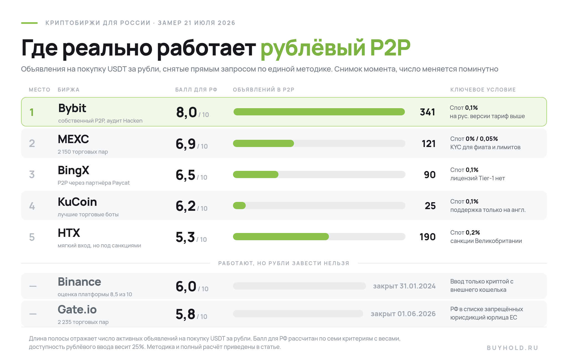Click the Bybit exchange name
(x=72, y=108)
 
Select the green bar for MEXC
(x=263, y=143)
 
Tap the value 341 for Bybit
(x=427, y=112)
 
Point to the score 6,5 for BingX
(x=186, y=175)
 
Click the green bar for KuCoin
(x=239, y=206)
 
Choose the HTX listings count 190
(x=427, y=237)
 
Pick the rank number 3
(x=32, y=174)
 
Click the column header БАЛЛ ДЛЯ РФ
(x=196, y=90)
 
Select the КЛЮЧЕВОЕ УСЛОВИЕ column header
(x=483, y=90)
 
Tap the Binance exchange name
(x=79, y=282)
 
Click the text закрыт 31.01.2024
(x=404, y=286)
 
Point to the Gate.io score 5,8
(x=186, y=314)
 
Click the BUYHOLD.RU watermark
(x=513, y=348)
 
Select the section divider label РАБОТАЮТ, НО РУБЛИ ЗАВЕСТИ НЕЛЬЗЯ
(x=284, y=263)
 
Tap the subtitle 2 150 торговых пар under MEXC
(x=83, y=152)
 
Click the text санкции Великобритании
(x=486, y=241)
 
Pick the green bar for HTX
(x=281, y=237)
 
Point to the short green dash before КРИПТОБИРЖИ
(x=29, y=23)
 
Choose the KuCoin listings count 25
(x=430, y=206)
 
